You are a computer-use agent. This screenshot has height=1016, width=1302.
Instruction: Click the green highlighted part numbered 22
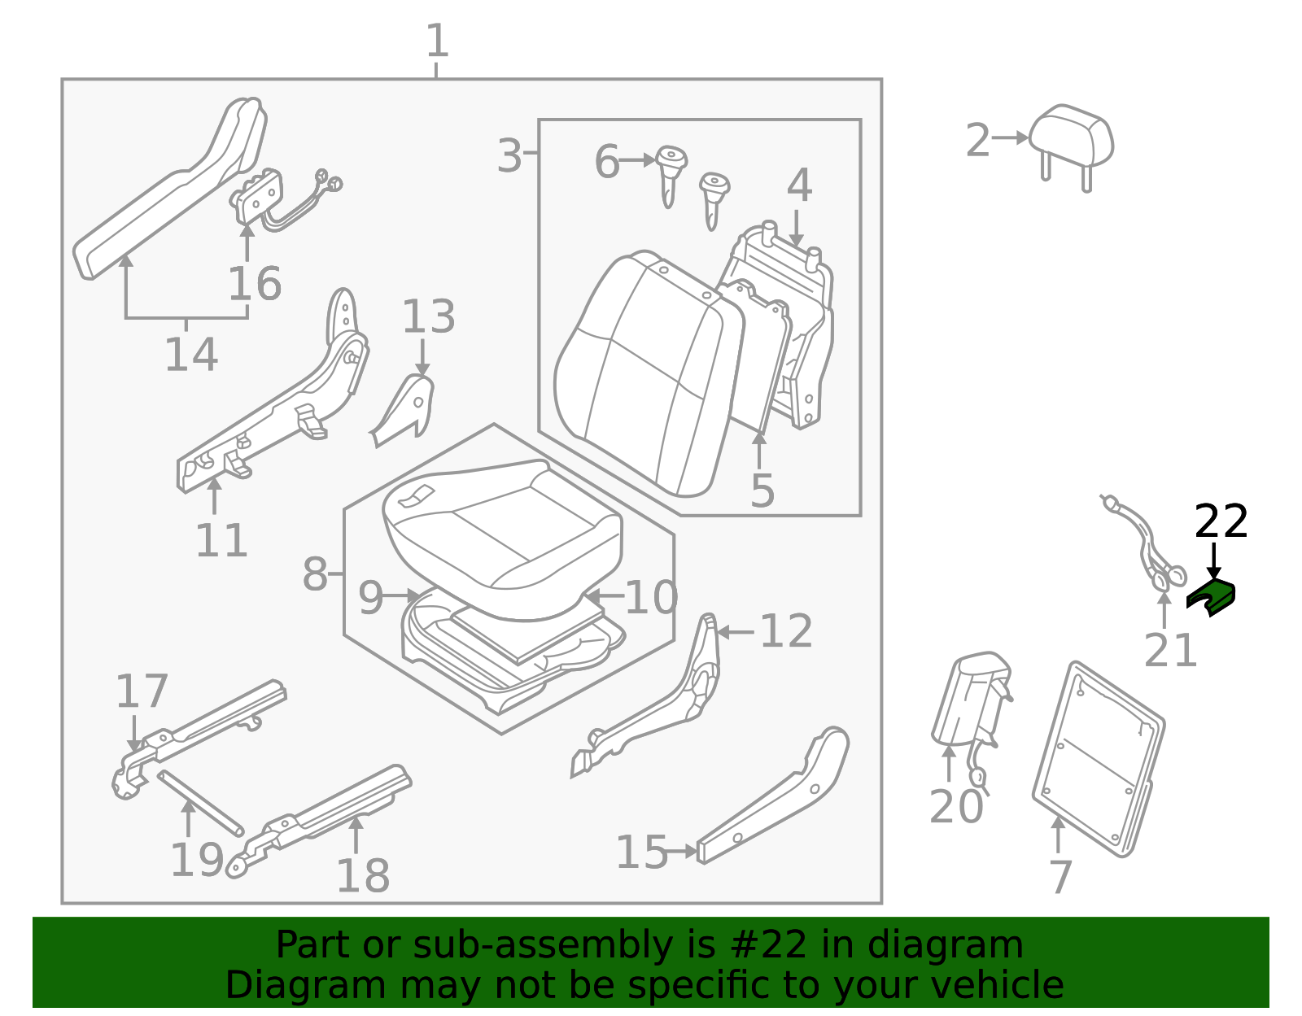click(1211, 595)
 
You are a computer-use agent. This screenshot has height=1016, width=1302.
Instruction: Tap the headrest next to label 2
click(1071, 135)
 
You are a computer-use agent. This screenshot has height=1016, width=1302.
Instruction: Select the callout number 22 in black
click(1221, 521)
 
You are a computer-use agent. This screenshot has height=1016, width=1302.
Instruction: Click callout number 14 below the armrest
click(191, 355)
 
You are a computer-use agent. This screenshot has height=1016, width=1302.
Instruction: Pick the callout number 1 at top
click(437, 41)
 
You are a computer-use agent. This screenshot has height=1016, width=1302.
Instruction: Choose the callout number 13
click(429, 316)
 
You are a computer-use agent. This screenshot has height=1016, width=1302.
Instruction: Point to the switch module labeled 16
click(259, 196)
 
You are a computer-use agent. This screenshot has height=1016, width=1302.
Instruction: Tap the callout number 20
click(956, 807)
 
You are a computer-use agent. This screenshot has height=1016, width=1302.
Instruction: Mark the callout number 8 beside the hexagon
click(314, 575)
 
